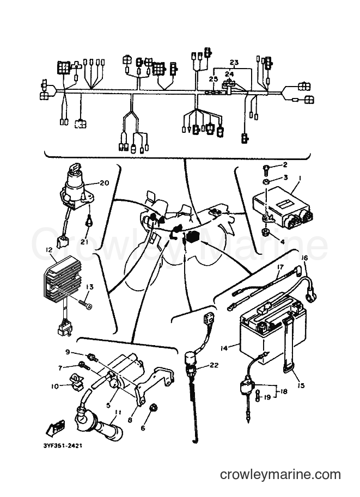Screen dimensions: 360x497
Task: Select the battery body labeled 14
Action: point(273,330)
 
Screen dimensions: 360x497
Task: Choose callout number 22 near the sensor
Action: point(214,365)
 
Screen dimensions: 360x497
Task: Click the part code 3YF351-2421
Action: point(63,446)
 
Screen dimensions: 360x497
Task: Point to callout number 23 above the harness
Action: point(234,63)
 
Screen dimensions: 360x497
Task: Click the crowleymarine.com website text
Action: point(280,475)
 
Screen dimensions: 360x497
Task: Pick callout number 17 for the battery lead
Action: point(280,267)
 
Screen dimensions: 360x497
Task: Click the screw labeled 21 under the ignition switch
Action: point(87,223)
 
